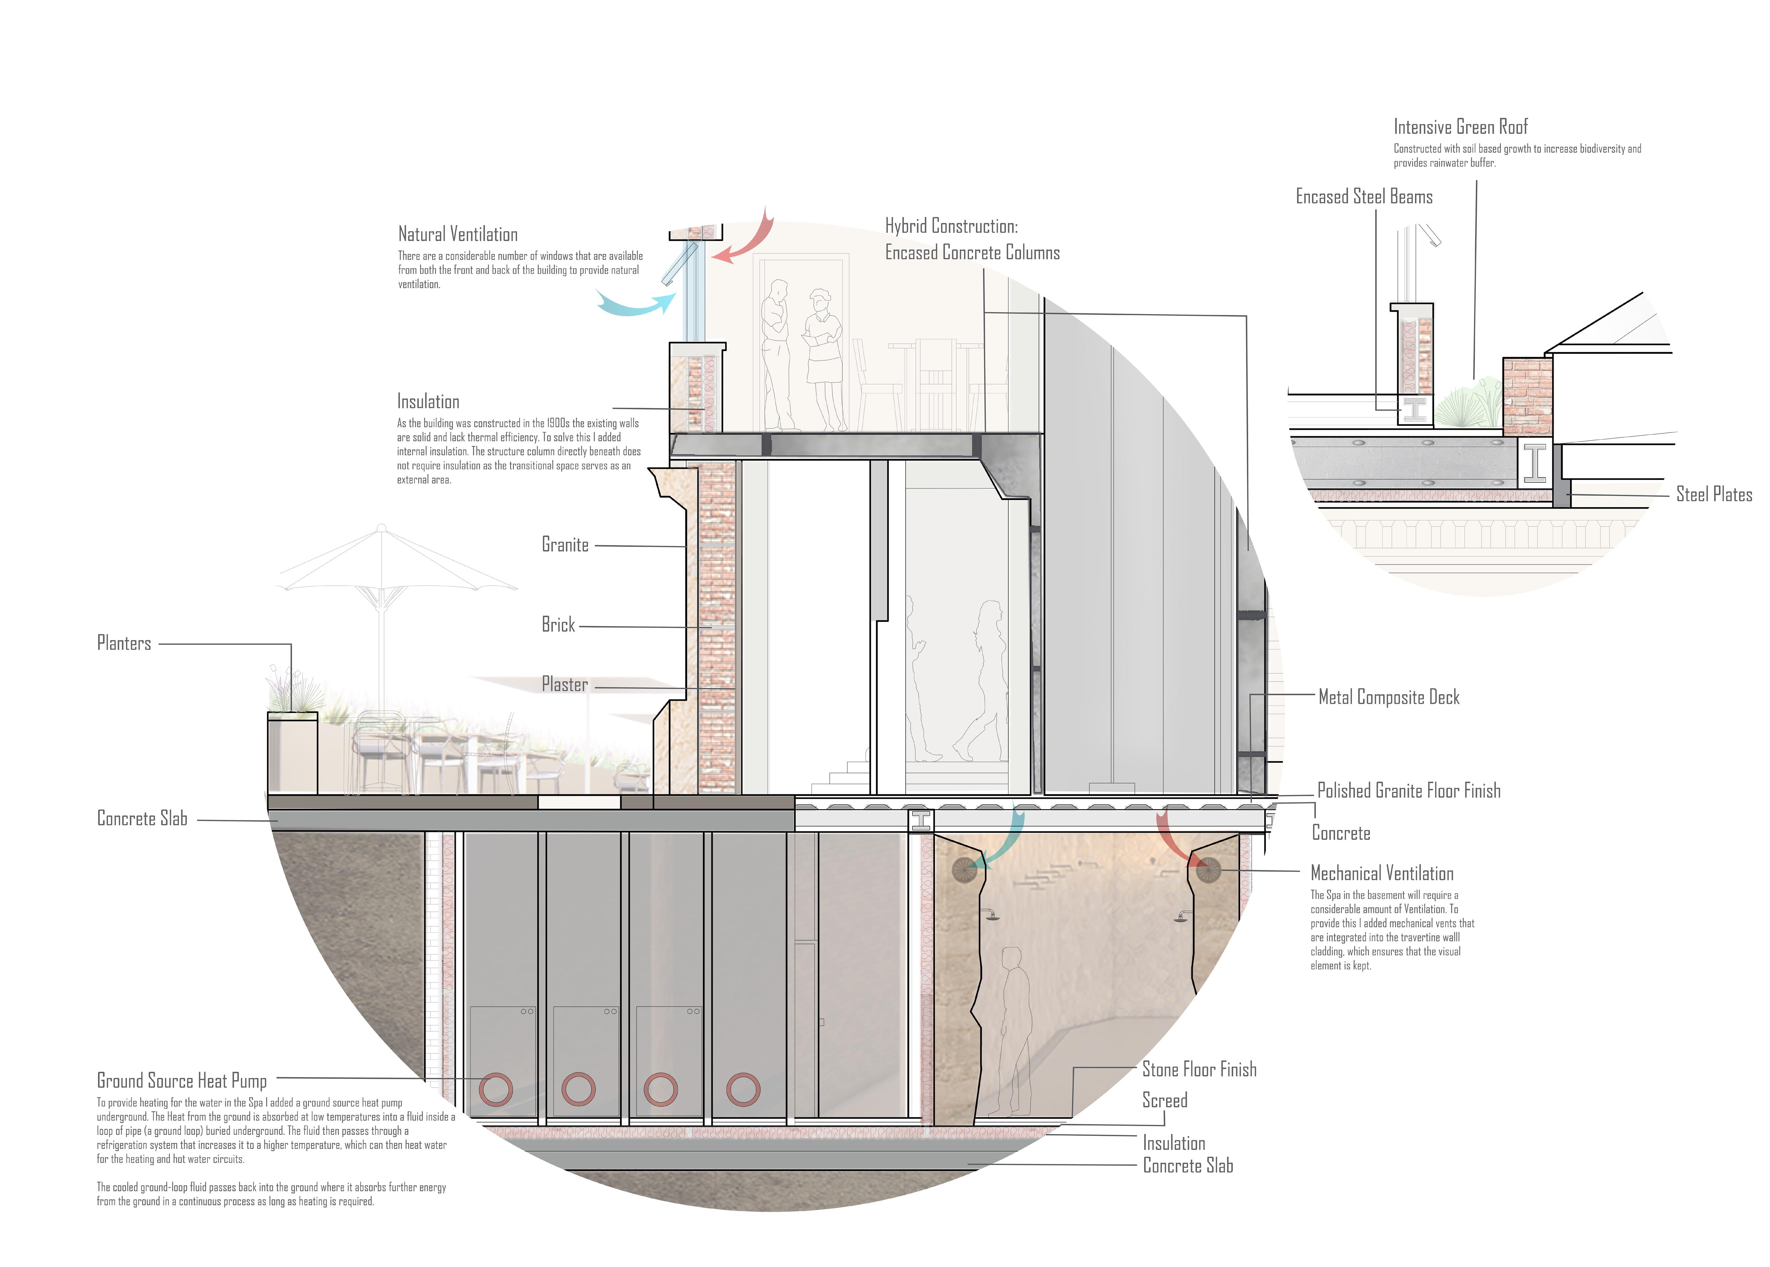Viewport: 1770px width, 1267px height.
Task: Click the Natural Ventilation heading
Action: coord(458,234)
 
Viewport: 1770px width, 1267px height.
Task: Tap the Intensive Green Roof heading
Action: coord(1460,127)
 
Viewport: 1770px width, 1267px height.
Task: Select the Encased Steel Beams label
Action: coord(1364,197)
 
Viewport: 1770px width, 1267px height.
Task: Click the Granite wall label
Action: coord(565,545)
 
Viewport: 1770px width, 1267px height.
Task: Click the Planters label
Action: coord(124,643)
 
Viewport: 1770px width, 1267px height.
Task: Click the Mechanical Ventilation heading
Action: coord(1382,873)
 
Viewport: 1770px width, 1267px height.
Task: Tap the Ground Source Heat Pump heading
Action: coord(182,1080)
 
